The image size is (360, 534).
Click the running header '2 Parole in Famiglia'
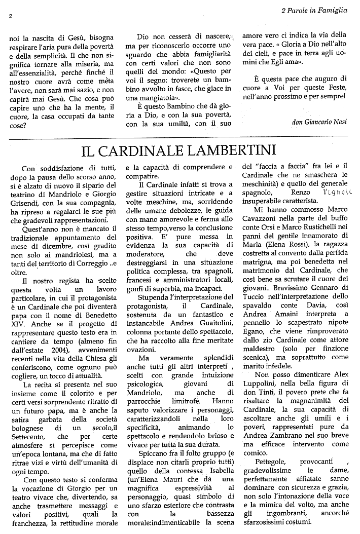314,9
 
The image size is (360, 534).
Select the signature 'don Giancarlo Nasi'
320,122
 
